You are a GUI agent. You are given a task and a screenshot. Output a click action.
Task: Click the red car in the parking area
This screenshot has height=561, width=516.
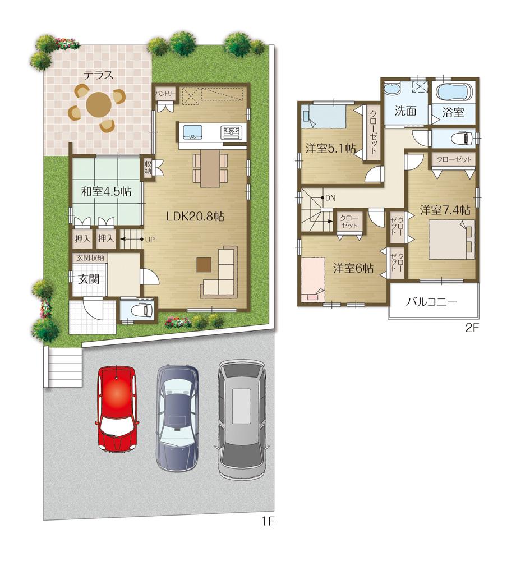[x=117, y=408]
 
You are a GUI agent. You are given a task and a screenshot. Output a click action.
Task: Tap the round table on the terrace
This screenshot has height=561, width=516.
[x=99, y=104]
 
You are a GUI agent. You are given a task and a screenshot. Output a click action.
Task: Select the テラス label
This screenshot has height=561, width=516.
[x=99, y=74]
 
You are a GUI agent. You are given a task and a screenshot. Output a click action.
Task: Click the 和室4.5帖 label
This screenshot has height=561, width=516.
[x=106, y=192]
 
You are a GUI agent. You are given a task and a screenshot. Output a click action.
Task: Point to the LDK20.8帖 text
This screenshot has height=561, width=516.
[x=195, y=217]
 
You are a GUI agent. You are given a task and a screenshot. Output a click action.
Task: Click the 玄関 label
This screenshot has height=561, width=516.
[x=89, y=278]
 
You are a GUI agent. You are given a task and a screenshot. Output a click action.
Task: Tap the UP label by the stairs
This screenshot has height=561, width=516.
[x=150, y=239]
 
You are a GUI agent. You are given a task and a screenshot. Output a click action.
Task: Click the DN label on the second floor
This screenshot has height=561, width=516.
[x=330, y=197]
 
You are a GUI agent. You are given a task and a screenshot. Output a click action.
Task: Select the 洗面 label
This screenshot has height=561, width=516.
[x=404, y=111]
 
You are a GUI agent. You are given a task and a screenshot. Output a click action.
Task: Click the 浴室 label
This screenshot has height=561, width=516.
[x=453, y=112]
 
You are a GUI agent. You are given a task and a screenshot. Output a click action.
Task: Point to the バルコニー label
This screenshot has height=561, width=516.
[x=432, y=301]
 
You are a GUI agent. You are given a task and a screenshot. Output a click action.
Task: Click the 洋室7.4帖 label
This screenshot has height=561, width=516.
[x=445, y=210]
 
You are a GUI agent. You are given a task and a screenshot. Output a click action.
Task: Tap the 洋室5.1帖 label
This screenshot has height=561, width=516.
[x=330, y=149]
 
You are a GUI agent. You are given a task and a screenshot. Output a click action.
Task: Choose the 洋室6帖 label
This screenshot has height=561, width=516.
[x=353, y=268]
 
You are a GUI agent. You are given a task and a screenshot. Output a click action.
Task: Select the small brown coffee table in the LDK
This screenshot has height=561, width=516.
[x=204, y=263]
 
